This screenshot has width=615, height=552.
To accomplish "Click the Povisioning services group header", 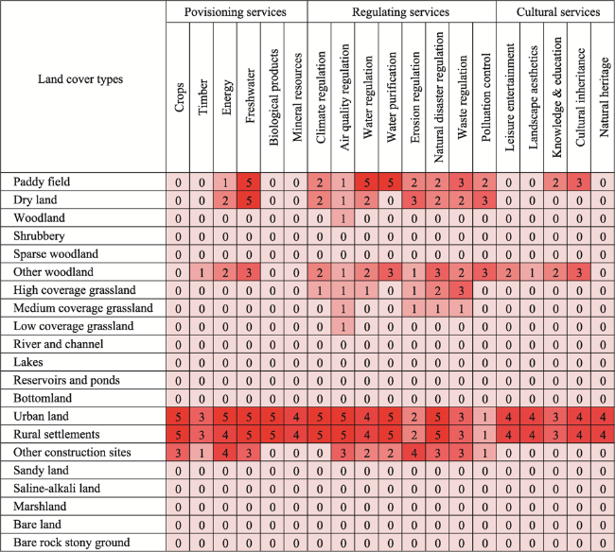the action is pyautogui.click(x=236, y=12).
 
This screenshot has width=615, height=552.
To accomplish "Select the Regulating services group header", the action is pyautogui.click(x=400, y=12).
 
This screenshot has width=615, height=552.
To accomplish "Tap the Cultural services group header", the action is pyautogui.click(x=558, y=12).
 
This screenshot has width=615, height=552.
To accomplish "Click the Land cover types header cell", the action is pyautogui.click(x=80, y=79).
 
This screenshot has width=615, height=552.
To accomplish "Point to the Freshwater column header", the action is pyautogui.click(x=250, y=96).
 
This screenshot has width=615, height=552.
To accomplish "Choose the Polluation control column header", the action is pyautogui.click(x=485, y=97).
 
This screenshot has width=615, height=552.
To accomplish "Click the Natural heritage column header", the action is pyautogui.click(x=604, y=97).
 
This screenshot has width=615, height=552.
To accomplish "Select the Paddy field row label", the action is pyautogui.click(x=42, y=181).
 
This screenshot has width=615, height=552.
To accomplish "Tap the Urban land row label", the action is pyautogui.click(x=41, y=416).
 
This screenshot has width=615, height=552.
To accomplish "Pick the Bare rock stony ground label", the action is pyautogui.click(x=71, y=543).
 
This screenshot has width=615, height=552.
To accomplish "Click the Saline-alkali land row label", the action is pyautogui.click(x=57, y=488).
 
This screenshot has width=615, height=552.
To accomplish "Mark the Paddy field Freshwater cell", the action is pyautogui.click(x=249, y=182).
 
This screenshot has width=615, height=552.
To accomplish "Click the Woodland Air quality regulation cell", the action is pyautogui.click(x=343, y=218).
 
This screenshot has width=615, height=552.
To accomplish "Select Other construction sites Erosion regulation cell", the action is pyautogui.click(x=414, y=453).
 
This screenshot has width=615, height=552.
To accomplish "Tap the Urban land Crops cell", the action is pyautogui.click(x=178, y=417).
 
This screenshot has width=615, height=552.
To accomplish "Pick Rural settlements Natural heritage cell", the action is pyautogui.click(x=603, y=435).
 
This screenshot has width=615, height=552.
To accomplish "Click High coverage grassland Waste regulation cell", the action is pyautogui.click(x=462, y=290).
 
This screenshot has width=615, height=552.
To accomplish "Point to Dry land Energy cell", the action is pyautogui.click(x=225, y=200).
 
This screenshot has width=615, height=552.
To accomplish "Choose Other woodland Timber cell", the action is pyautogui.click(x=202, y=272).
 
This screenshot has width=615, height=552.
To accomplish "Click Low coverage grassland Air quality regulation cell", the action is pyautogui.click(x=343, y=326).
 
